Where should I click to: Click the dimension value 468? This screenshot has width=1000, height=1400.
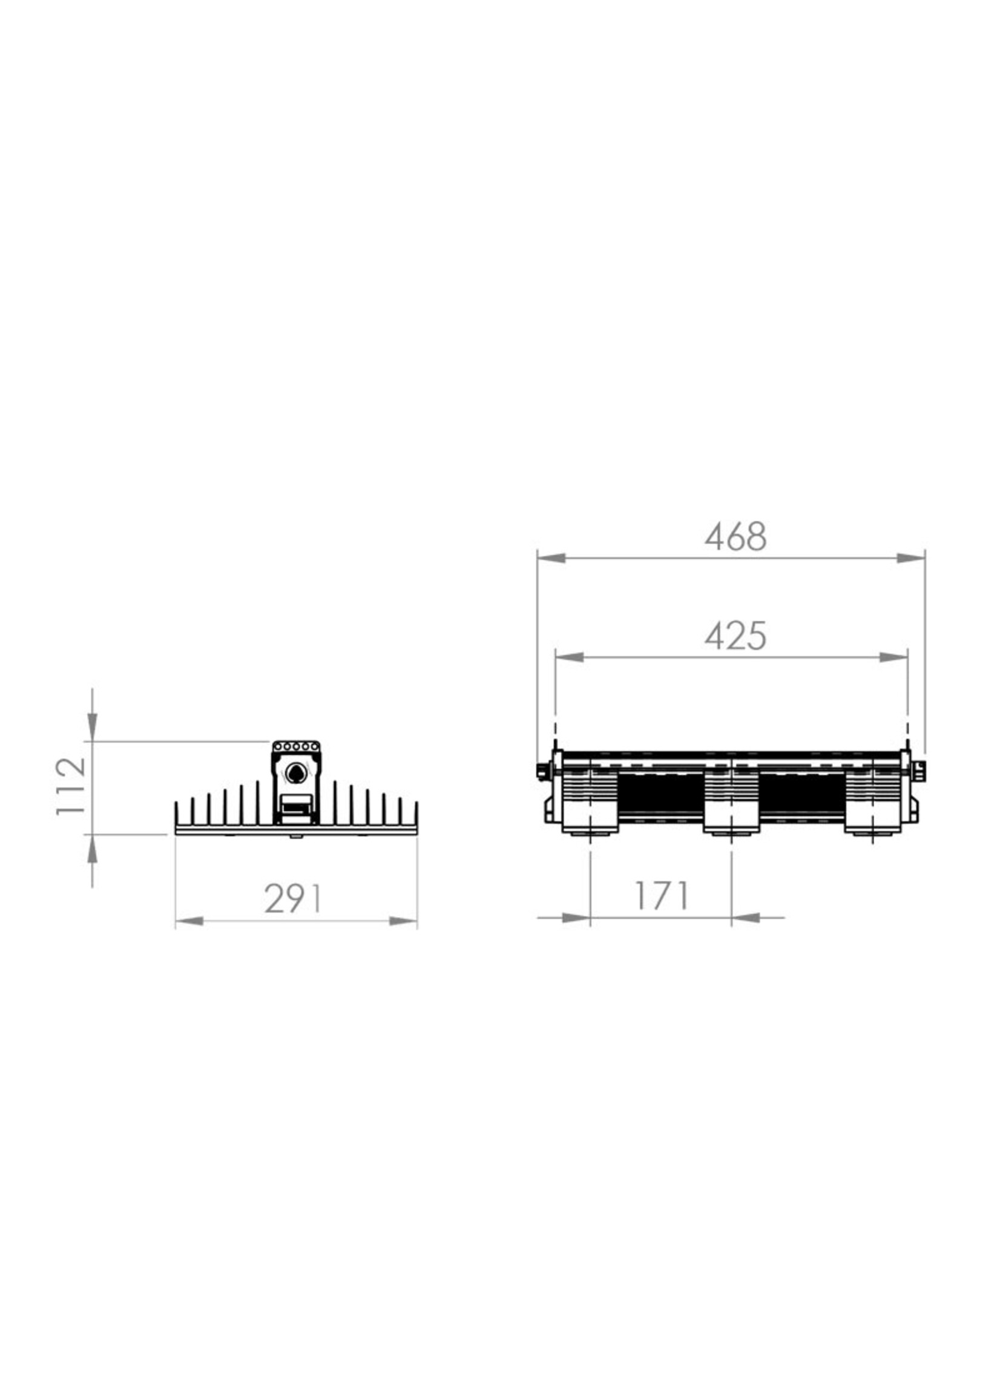[x=735, y=537]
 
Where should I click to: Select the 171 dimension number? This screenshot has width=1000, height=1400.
[x=661, y=896]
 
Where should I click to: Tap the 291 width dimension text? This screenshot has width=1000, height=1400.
[x=293, y=899]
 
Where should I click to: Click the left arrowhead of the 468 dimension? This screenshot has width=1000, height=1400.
[x=551, y=558]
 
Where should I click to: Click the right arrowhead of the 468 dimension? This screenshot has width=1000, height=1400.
[x=912, y=558]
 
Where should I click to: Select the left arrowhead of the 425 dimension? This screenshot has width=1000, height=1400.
[x=570, y=657]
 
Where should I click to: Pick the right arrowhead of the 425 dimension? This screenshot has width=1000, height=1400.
[x=893, y=657]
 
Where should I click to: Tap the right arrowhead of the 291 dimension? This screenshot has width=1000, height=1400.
[x=403, y=922]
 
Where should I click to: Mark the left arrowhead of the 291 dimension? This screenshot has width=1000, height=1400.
[x=189, y=922]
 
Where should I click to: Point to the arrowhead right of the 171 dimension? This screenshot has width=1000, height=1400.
[x=746, y=918]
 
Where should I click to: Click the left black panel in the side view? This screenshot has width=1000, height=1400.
[x=661, y=795]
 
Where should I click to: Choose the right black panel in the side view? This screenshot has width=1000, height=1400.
[x=802, y=795]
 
